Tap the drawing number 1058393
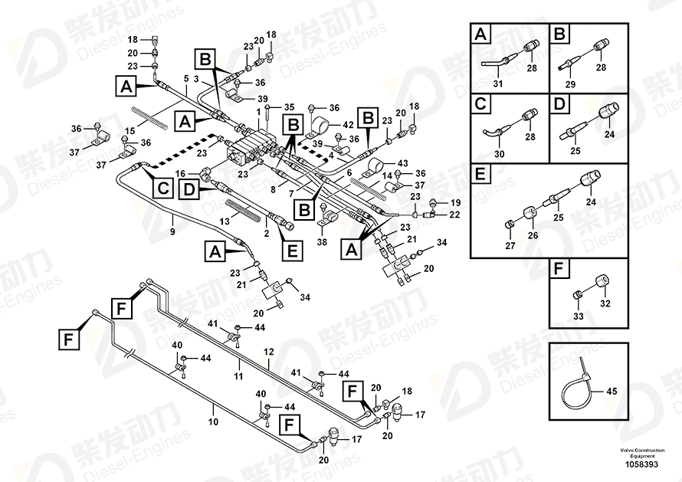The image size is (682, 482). click(638, 464)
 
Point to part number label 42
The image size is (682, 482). click(348, 124)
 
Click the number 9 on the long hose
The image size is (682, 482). click(172, 231)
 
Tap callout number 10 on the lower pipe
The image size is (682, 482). click(213, 421)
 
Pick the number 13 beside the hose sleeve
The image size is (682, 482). click(225, 221)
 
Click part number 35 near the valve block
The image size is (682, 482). click(290, 107)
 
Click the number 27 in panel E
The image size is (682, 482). click(510, 246)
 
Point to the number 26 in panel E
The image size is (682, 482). click(533, 235)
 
